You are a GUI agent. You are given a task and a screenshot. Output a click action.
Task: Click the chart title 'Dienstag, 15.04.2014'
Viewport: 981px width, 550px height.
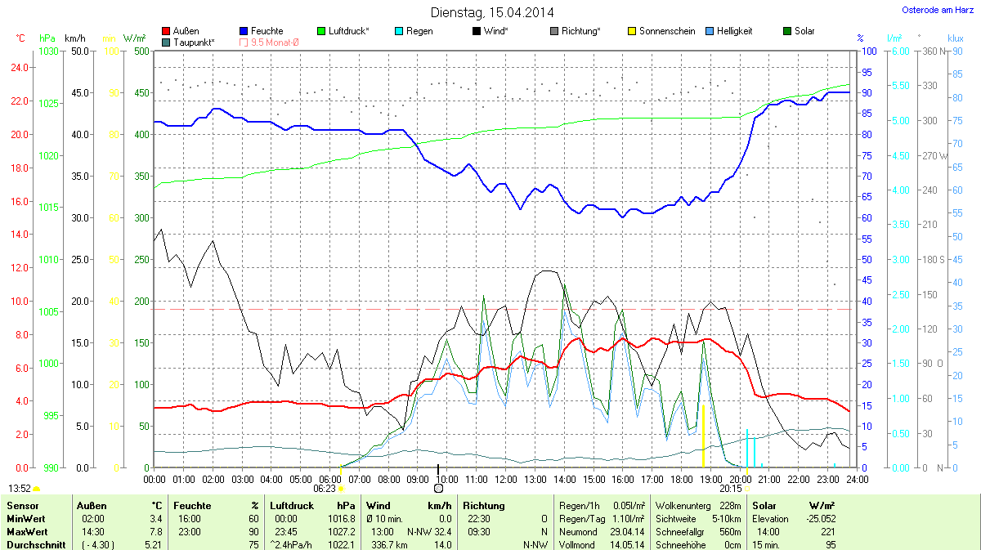(x=491, y=12)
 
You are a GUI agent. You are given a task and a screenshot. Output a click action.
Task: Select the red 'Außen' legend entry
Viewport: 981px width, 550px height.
(x=181, y=31)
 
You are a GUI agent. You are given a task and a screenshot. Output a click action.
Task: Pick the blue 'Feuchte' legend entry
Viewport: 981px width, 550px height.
(x=261, y=31)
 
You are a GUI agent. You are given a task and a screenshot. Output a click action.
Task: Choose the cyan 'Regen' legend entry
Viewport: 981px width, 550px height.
(x=413, y=31)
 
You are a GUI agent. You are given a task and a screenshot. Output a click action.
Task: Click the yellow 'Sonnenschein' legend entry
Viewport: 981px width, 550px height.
(x=661, y=31)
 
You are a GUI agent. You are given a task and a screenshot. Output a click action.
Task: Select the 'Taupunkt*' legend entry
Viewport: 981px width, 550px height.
(x=188, y=42)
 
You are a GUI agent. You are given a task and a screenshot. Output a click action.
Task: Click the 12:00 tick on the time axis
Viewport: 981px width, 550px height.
(x=506, y=478)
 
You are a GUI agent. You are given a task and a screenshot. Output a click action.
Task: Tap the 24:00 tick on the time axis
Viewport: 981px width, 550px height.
(x=857, y=478)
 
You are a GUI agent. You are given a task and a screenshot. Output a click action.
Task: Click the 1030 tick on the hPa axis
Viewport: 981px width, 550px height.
(x=48, y=51)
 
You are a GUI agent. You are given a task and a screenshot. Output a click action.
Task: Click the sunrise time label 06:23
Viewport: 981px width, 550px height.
(x=325, y=488)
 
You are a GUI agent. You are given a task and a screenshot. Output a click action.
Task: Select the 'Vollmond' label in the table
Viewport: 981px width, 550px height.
(x=576, y=544)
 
